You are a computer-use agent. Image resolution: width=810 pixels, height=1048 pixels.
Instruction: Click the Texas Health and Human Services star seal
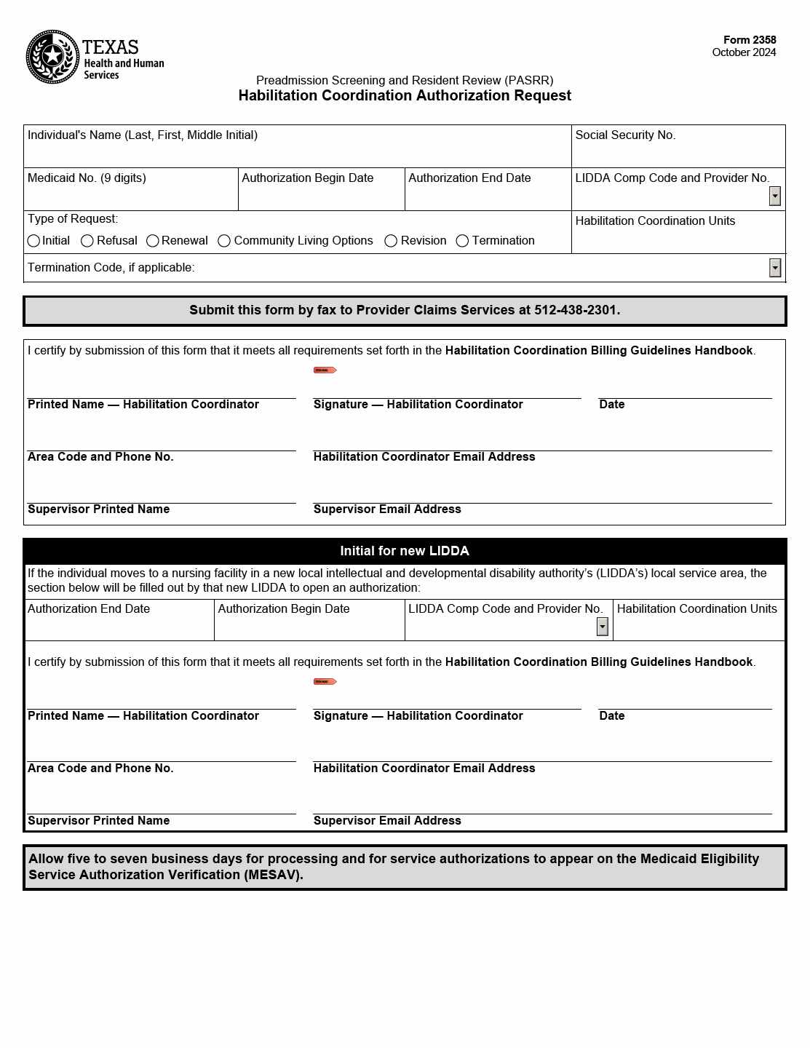tap(52, 57)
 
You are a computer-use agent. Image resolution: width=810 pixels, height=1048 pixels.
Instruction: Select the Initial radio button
tap(33, 241)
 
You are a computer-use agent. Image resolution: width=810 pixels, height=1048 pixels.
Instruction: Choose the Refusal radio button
tap(87, 241)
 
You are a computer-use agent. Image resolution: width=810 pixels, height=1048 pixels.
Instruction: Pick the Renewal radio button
tap(153, 241)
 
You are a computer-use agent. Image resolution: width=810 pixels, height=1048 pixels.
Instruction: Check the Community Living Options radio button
tap(224, 241)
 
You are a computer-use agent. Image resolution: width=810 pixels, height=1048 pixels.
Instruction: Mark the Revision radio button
tap(391, 241)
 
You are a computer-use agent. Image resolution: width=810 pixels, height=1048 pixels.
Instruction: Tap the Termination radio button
tap(462, 241)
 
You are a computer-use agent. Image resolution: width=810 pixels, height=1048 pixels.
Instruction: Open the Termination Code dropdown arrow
tap(775, 268)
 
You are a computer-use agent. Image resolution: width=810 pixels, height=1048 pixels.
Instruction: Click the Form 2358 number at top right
tap(750, 40)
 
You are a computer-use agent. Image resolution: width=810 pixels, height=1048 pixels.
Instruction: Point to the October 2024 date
tap(744, 52)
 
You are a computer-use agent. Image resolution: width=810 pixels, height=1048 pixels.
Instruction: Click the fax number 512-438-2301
tap(576, 310)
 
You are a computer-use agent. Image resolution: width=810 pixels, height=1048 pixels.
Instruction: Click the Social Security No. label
tap(625, 135)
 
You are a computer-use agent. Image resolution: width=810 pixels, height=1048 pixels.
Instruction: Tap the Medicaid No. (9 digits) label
tap(87, 178)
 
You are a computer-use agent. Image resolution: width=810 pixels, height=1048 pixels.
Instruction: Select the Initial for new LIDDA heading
tap(405, 551)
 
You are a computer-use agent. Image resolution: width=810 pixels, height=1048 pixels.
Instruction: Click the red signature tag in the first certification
tap(325, 370)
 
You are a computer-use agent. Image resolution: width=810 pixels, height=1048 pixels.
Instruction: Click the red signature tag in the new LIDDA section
tap(325, 682)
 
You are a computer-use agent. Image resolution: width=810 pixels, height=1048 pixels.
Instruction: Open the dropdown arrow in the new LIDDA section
tap(602, 627)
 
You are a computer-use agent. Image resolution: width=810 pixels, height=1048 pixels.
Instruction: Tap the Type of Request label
tap(73, 219)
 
